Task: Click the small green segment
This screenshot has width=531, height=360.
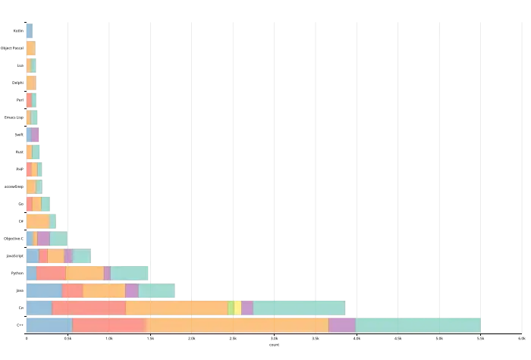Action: click(231, 308)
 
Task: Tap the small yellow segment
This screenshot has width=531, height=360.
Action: click(237, 308)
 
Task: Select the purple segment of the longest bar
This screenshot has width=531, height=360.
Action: click(341, 325)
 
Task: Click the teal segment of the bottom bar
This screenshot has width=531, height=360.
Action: click(418, 325)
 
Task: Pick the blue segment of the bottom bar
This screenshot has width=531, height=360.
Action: click(49, 325)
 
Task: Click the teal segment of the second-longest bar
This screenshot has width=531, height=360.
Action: click(299, 308)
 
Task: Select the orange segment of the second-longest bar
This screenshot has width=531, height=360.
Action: click(177, 308)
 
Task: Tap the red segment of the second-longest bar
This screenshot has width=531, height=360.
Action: click(89, 308)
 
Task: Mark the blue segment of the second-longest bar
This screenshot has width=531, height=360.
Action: click(39, 308)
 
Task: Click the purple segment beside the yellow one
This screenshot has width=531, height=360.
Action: click(247, 308)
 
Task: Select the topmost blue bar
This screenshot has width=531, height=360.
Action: click(30, 31)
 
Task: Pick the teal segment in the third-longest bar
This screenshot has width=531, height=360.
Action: click(157, 290)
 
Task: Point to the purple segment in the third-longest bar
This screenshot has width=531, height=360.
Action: click(132, 290)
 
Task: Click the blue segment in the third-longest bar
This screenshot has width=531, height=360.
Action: click(43, 290)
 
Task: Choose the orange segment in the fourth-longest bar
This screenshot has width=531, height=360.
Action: click(85, 273)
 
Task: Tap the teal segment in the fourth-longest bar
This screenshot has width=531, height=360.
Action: click(130, 273)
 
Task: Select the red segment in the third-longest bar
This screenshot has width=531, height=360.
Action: click(72, 290)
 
